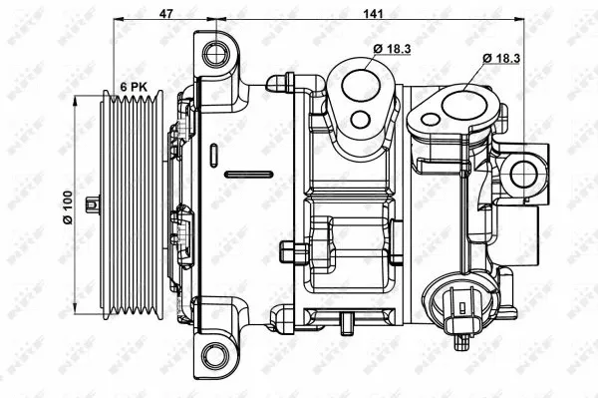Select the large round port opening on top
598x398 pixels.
[358, 84]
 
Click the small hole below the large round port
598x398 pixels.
[360, 122]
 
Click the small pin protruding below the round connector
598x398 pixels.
[463, 343]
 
